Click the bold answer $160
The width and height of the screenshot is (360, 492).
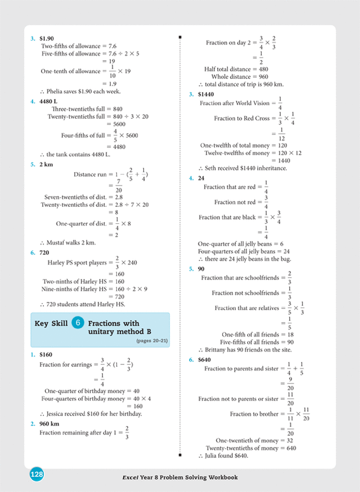(x=46, y=355)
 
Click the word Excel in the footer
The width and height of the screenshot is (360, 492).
(x=131, y=477)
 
